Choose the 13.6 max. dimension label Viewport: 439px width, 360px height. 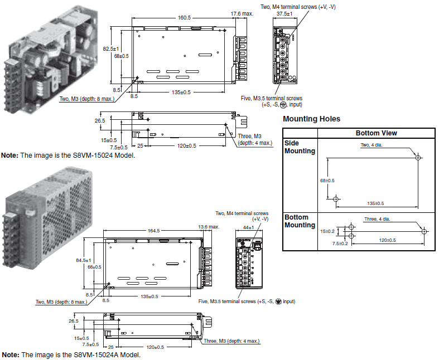[x=209, y=227]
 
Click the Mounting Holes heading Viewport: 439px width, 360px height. [x=311, y=119]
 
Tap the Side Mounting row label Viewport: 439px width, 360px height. [x=300, y=147]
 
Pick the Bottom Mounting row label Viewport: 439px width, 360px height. [x=300, y=221]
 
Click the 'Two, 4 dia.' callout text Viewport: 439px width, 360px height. [x=372, y=145]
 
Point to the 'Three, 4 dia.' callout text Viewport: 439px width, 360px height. [x=377, y=219]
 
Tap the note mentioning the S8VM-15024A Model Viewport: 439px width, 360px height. [x=71, y=355]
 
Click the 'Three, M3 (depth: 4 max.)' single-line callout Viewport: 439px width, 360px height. [x=231, y=341]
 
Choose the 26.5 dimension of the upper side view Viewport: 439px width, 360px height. [x=100, y=120]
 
